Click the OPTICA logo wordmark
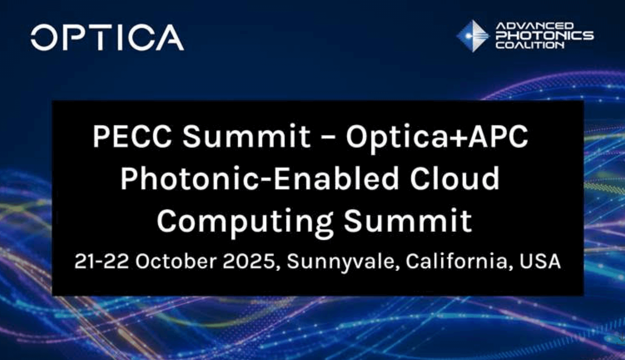point(107,37)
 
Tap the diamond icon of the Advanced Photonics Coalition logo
point(472,36)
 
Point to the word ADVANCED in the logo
point(534,26)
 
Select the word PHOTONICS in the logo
point(545,35)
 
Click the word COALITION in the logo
point(530,45)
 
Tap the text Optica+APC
point(437,137)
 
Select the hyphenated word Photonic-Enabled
point(259,179)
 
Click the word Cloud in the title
point(454,179)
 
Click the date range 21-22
point(102,261)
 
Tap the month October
point(176,261)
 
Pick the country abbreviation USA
point(540,262)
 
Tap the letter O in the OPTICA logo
point(44,37)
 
